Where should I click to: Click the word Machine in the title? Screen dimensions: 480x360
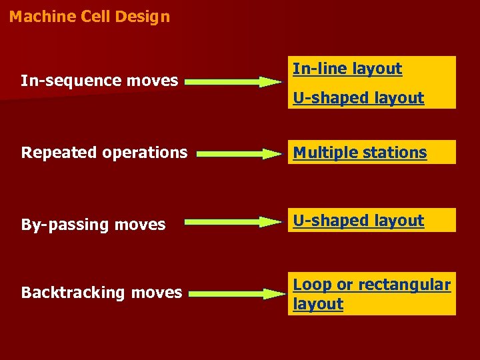coord(37,17)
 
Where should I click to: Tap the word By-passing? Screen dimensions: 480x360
coord(65,225)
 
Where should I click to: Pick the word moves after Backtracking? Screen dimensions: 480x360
coord(157,293)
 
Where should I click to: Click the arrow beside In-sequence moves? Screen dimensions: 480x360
coord(233,83)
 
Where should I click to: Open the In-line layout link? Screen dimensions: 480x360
coord(347,69)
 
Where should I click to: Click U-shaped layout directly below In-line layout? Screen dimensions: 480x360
coord(359,98)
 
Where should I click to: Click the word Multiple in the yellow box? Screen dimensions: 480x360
coord(322,153)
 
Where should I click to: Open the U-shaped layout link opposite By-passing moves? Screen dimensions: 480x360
coord(359,221)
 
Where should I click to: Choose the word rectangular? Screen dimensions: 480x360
coord(404,285)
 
